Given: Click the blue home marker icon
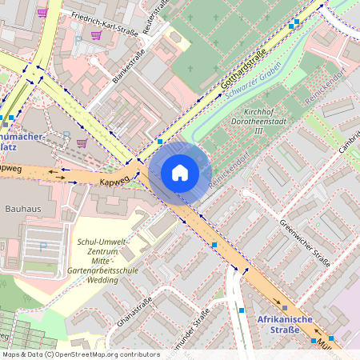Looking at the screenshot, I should pos(180,173).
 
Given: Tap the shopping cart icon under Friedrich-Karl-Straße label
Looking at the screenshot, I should pos(96,35).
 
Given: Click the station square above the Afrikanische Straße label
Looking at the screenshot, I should pos(284,307).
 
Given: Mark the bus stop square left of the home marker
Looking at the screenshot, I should pos(160,141).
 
